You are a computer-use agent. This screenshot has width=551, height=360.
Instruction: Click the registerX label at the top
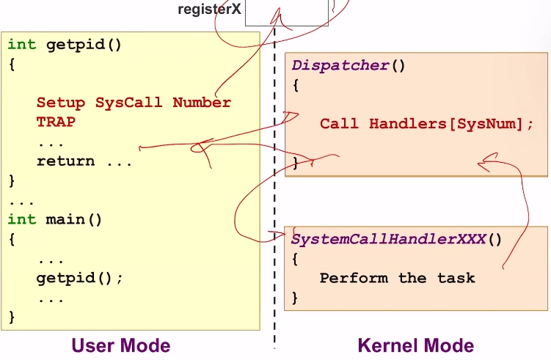click(209, 11)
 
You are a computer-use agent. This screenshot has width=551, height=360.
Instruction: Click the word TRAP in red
click(56, 122)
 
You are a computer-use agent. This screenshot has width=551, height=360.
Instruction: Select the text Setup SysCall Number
click(134, 103)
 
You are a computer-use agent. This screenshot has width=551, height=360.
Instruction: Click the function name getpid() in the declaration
click(84, 44)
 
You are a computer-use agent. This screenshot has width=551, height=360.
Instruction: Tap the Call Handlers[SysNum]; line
click(427, 123)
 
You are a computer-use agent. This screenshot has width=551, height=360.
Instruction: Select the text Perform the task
click(397, 278)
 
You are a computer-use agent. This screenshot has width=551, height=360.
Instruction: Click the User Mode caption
click(120, 345)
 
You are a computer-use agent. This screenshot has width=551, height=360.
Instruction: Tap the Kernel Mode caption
click(415, 345)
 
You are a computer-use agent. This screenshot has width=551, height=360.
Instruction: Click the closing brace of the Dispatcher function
click(296, 162)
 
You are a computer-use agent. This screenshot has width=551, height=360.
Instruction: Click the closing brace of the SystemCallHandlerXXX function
click(295, 298)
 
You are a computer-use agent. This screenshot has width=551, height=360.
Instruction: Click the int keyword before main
click(21, 219)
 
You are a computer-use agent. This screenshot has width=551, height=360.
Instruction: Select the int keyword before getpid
click(21, 44)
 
